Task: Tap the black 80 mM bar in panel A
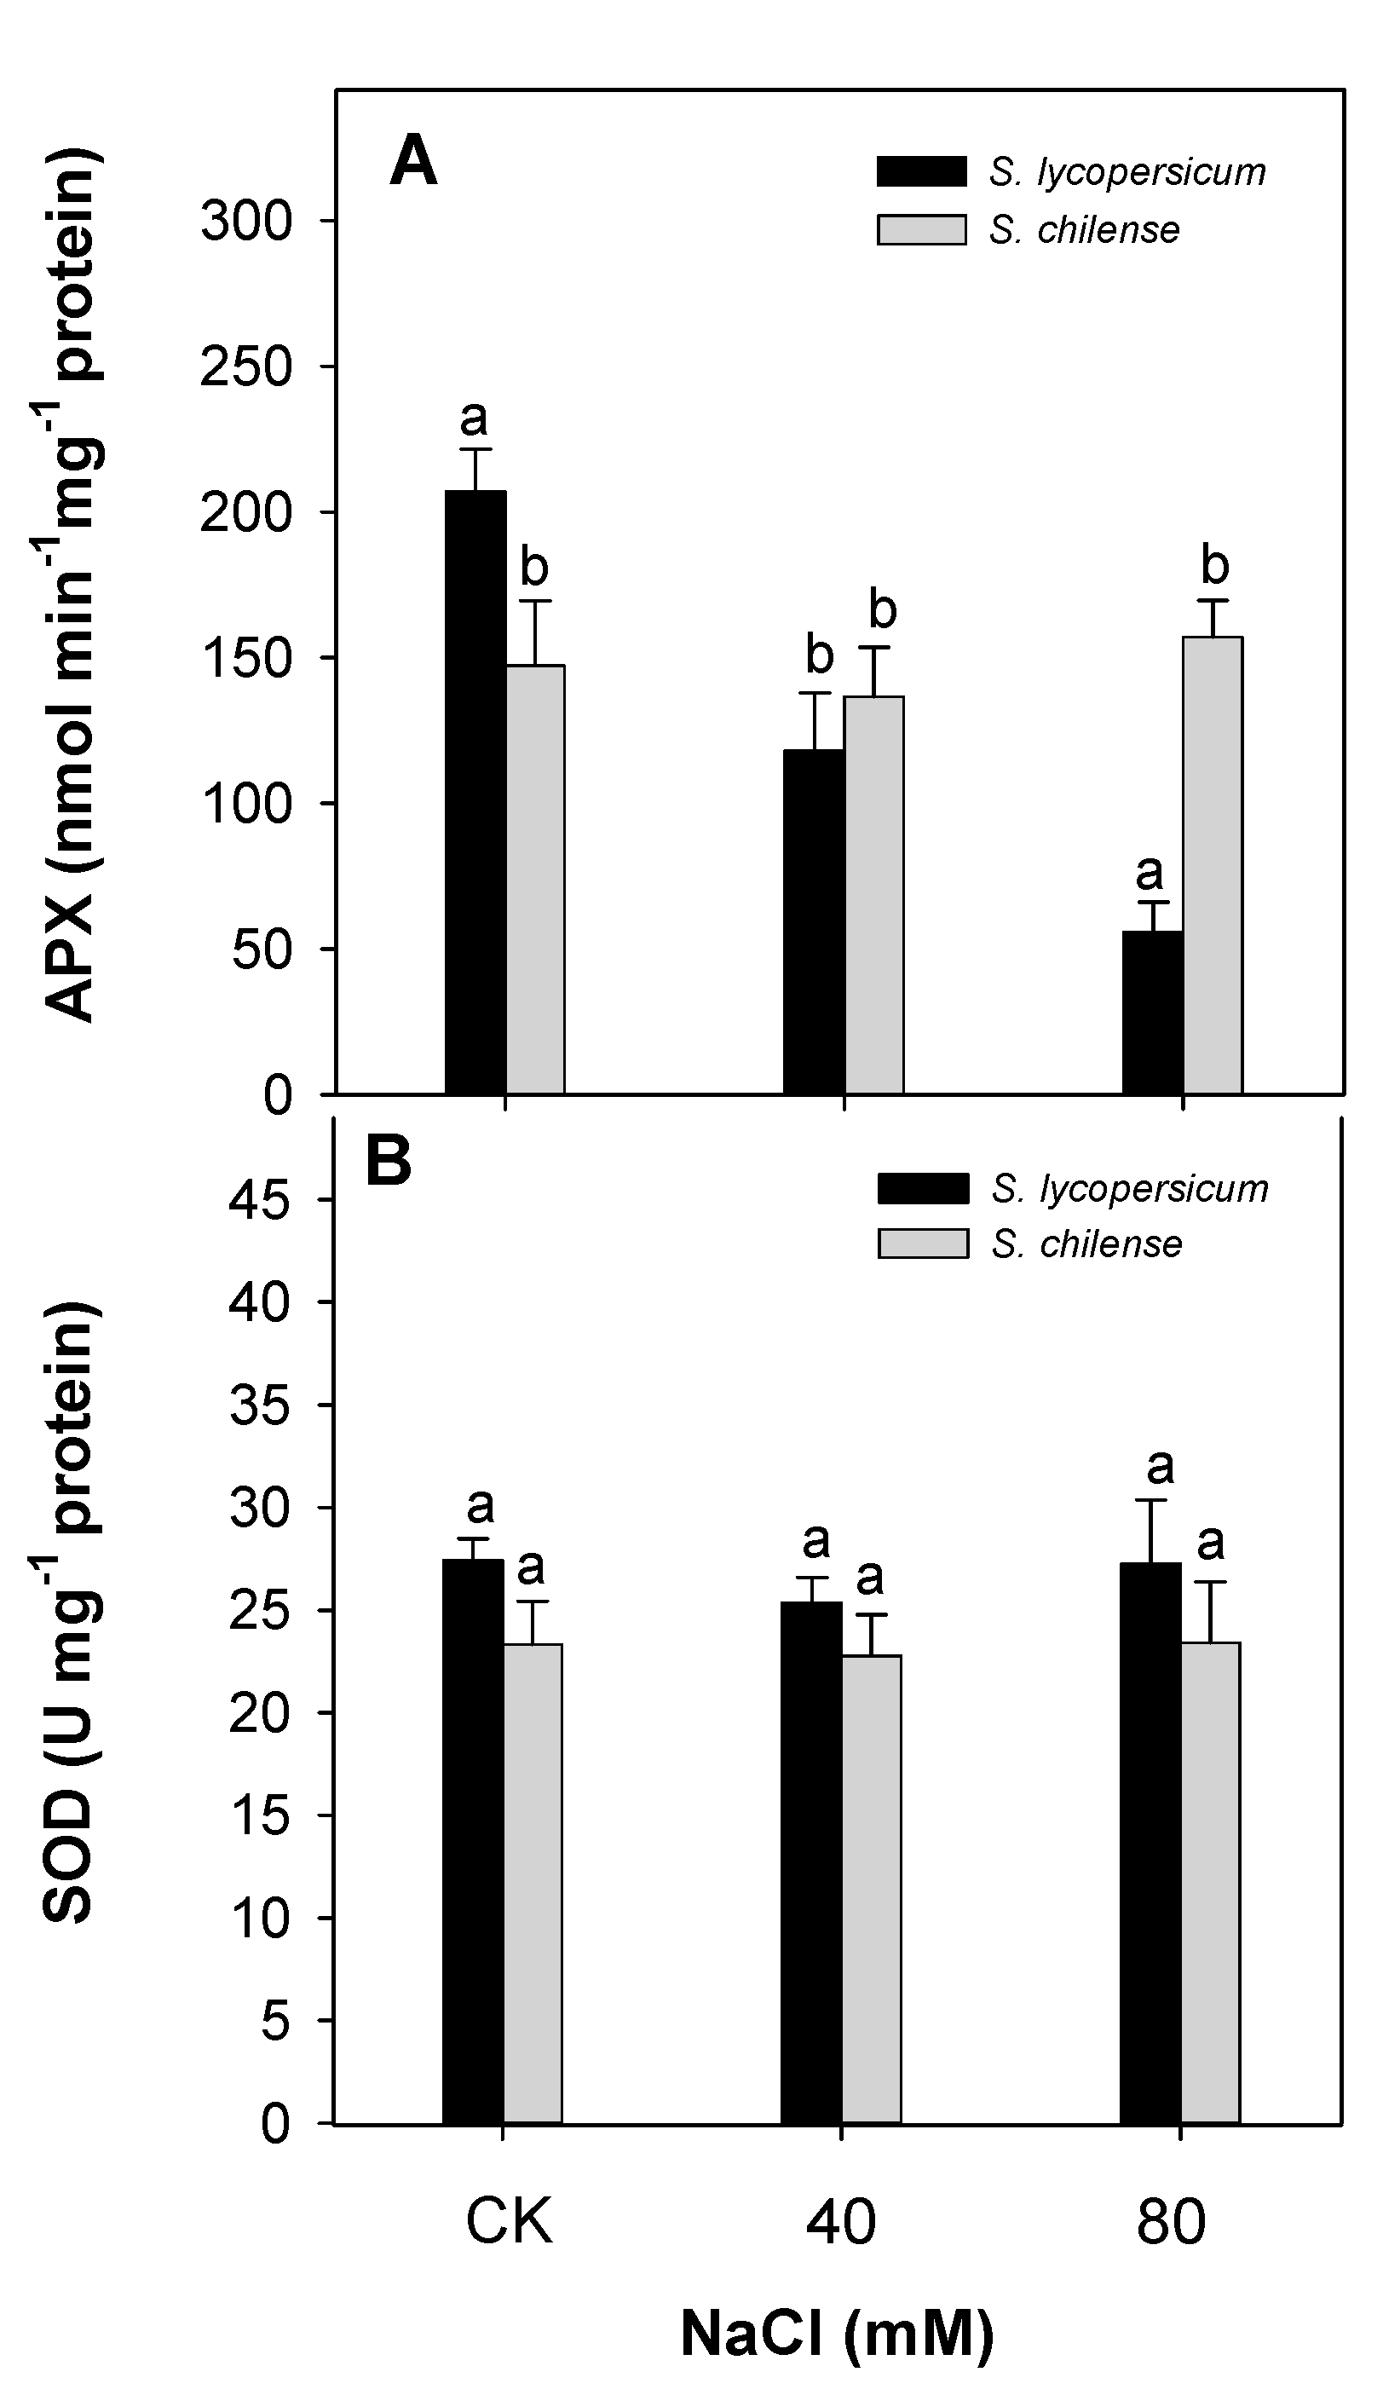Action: (1152, 1012)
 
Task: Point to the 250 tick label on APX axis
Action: (245, 367)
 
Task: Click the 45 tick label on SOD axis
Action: (258, 1201)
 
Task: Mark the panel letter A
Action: (413, 161)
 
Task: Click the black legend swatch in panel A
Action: (921, 171)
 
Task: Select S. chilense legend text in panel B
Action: (1086, 1244)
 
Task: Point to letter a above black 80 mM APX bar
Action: (1150, 870)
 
